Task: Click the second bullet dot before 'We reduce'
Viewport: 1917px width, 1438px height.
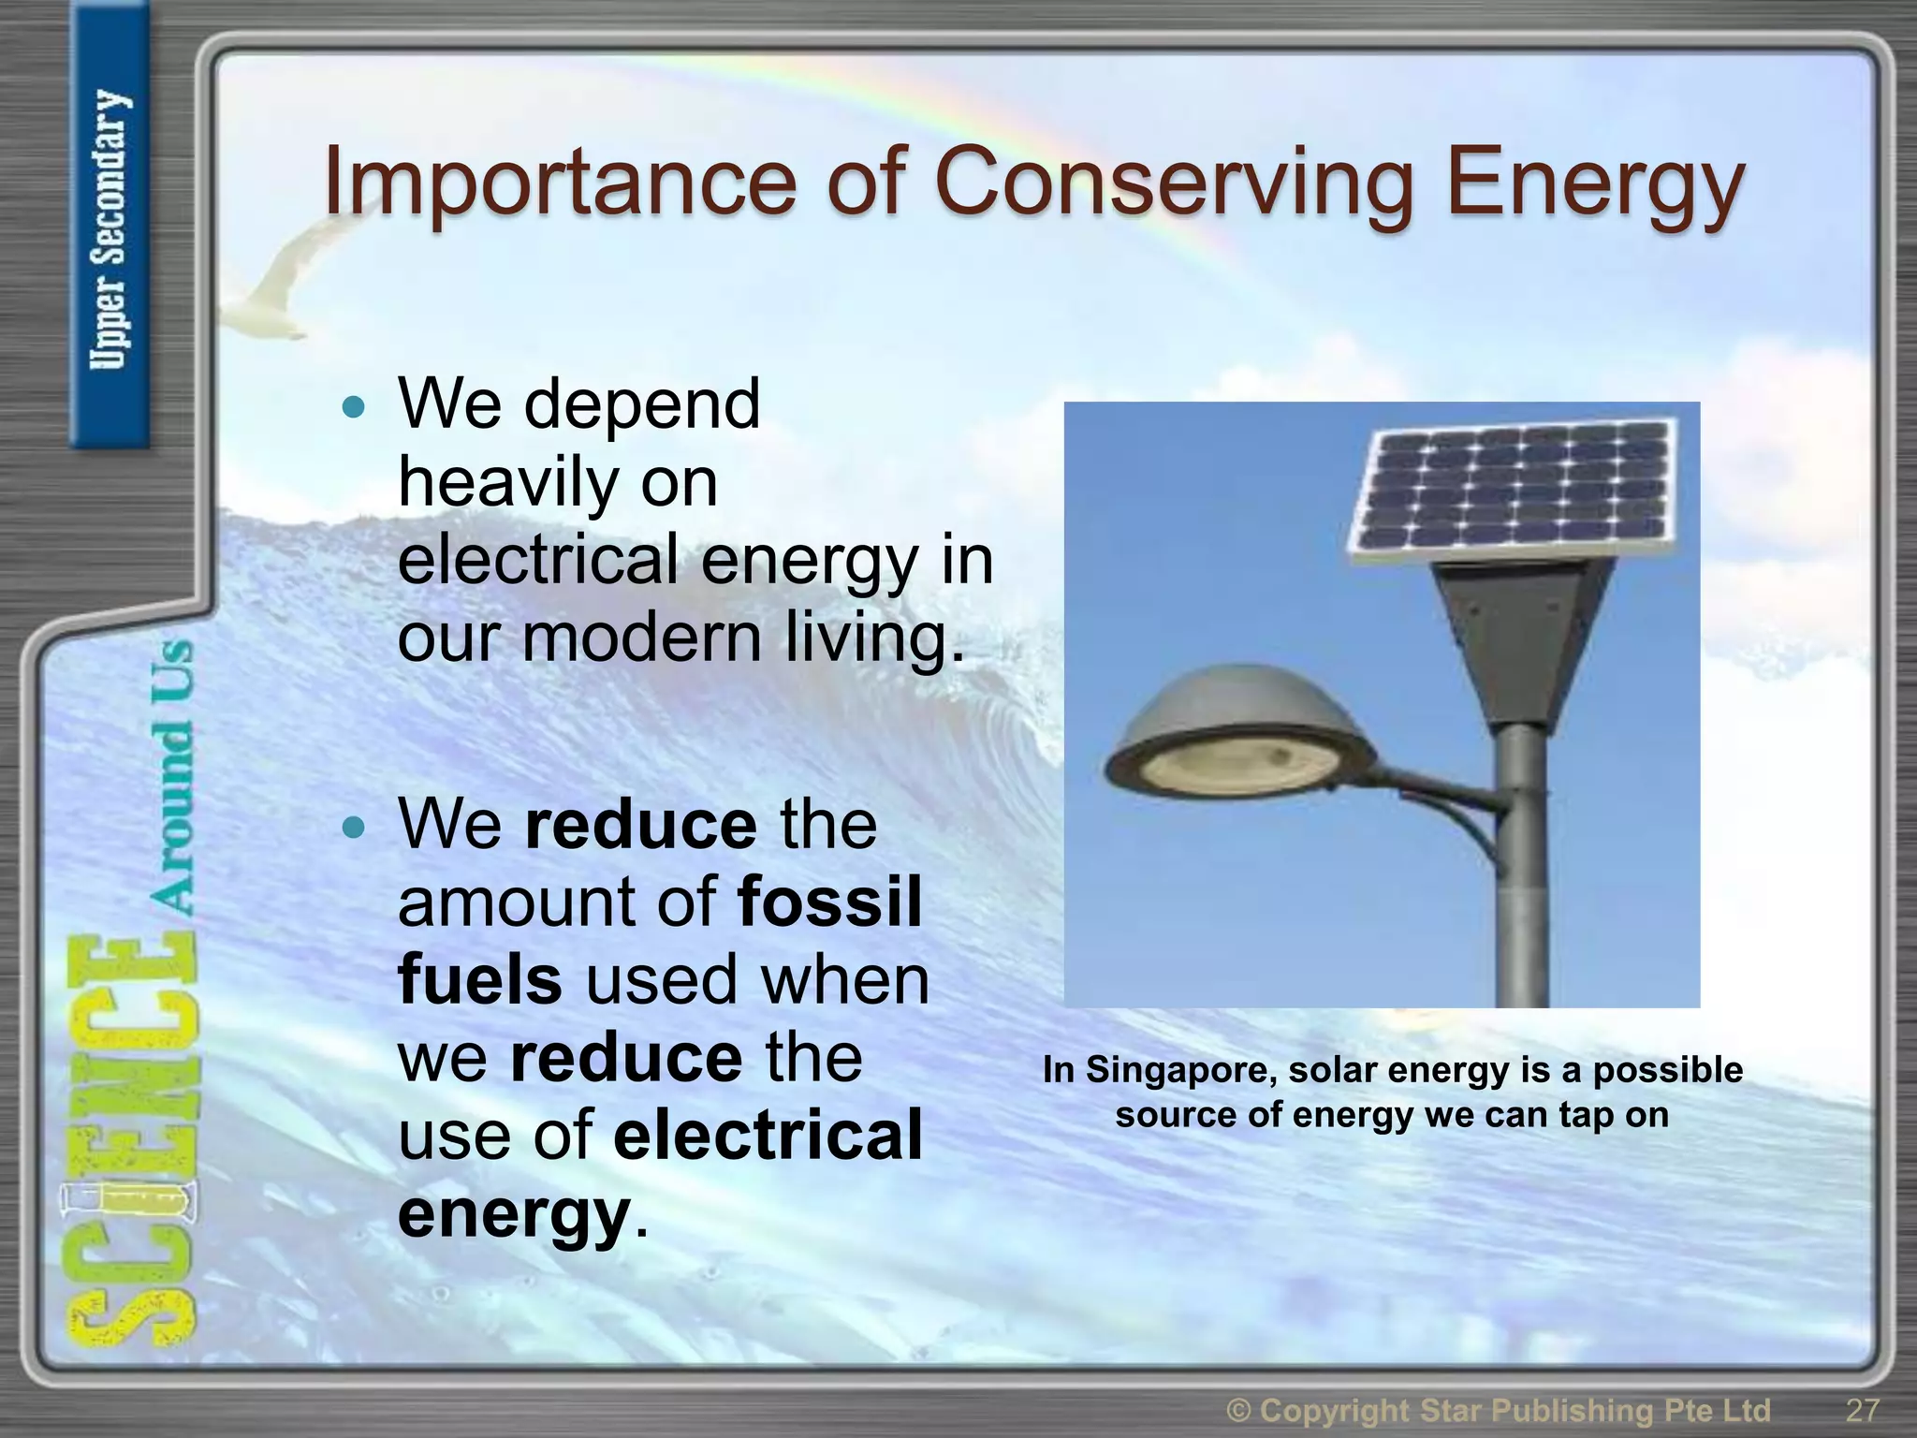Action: pyautogui.click(x=353, y=828)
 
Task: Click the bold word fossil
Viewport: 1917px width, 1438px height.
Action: pyautogui.click(x=829, y=902)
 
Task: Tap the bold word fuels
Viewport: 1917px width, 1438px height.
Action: pyautogui.click(x=479, y=979)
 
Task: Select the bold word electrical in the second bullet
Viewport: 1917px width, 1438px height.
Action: pyautogui.click(x=768, y=1135)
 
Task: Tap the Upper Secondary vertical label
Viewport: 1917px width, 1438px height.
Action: pyautogui.click(x=110, y=229)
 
